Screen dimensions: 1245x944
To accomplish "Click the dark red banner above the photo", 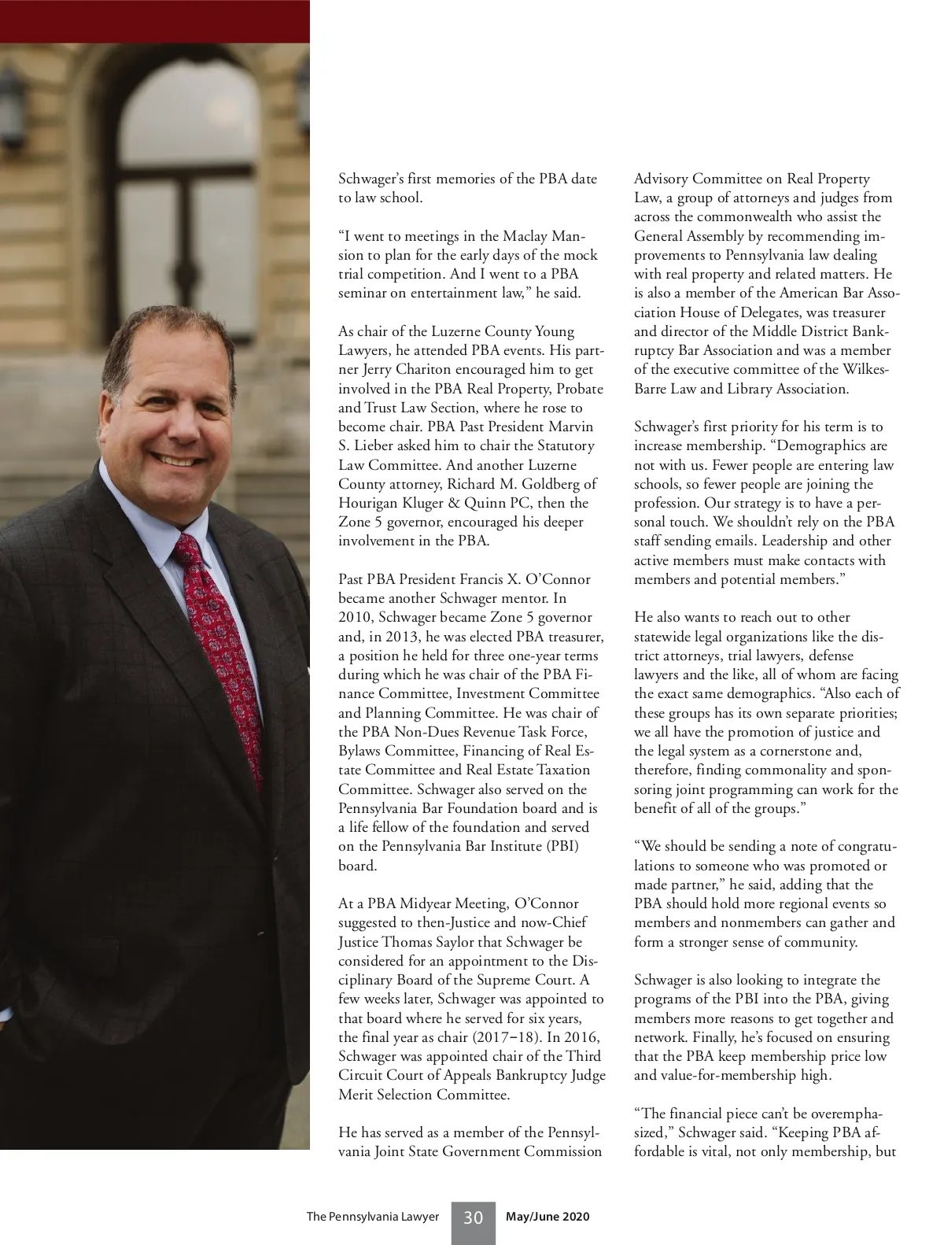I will [155, 21].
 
